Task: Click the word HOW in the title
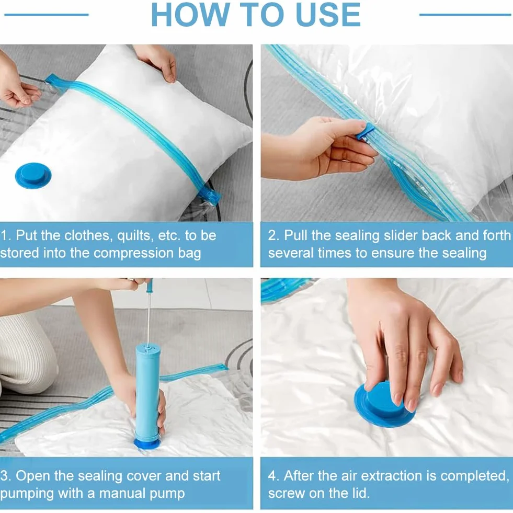pyautogui.click(x=190, y=15)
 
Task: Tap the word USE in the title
pyautogui.click(x=328, y=15)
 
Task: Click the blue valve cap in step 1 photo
pyautogui.click(x=33, y=176)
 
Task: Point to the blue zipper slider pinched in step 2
pyautogui.click(x=364, y=132)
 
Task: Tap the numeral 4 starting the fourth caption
pyautogui.click(x=272, y=476)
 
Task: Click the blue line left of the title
pyautogui.click(x=47, y=15)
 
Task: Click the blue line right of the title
pyautogui.click(x=465, y=15)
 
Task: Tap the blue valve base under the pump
pyautogui.click(x=147, y=443)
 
